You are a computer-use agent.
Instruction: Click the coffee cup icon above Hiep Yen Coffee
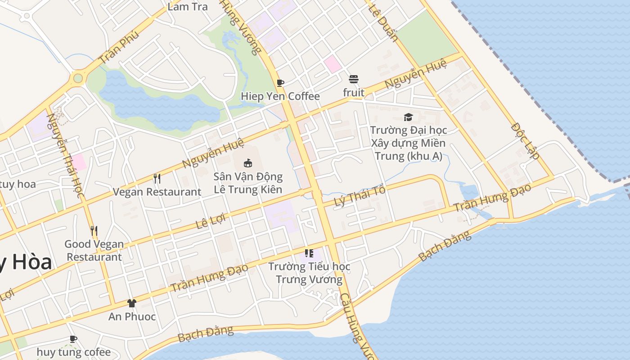tap(280, 83)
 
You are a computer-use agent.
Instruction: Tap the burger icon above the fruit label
tap(354, 80)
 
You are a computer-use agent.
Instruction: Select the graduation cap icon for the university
tap(408, 117)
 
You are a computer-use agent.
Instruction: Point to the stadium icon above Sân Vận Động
tap(247, 163)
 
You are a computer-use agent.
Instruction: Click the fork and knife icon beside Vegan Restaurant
tap(157, 179)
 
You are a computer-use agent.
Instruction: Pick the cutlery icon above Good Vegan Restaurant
tap(94, 231)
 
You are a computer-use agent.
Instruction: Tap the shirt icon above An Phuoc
tap(131, 303)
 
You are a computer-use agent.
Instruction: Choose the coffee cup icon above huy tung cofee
tap(73, 339)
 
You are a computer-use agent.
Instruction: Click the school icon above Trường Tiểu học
tap(309, 253)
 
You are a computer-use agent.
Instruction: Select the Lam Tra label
tap(188, 7)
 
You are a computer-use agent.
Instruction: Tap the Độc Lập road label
tap(525, 141)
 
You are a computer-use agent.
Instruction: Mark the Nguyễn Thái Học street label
tap(66, 155)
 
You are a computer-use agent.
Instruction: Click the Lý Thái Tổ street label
tap(360, 196)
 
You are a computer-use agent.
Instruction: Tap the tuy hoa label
tap(18, 184)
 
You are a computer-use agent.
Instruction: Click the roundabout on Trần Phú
tap(78, 78)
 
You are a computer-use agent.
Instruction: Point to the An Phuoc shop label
tap(132, 316)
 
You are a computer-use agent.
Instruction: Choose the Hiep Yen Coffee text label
tap(280, 96)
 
